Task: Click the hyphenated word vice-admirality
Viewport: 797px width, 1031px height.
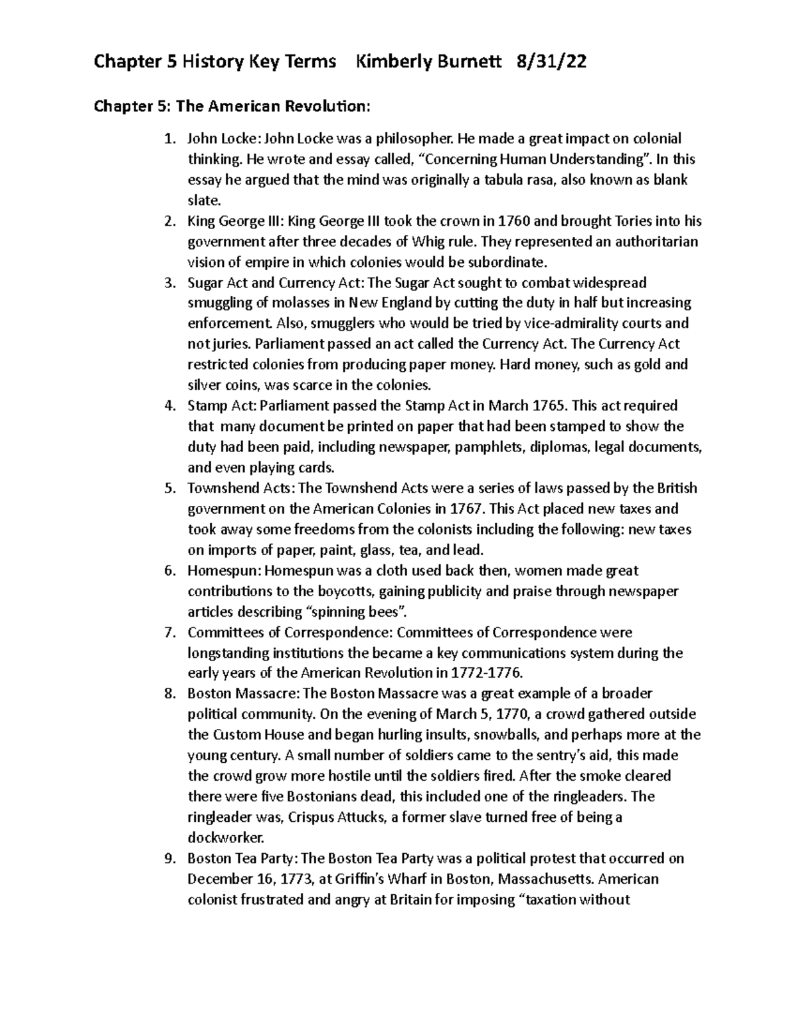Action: (x=571, y=324)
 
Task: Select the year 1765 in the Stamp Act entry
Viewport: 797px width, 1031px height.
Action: (x=549, y=406)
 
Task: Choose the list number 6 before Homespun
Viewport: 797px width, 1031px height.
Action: (x=169, y=571)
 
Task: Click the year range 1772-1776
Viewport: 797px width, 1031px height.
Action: (x=486, y=673)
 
